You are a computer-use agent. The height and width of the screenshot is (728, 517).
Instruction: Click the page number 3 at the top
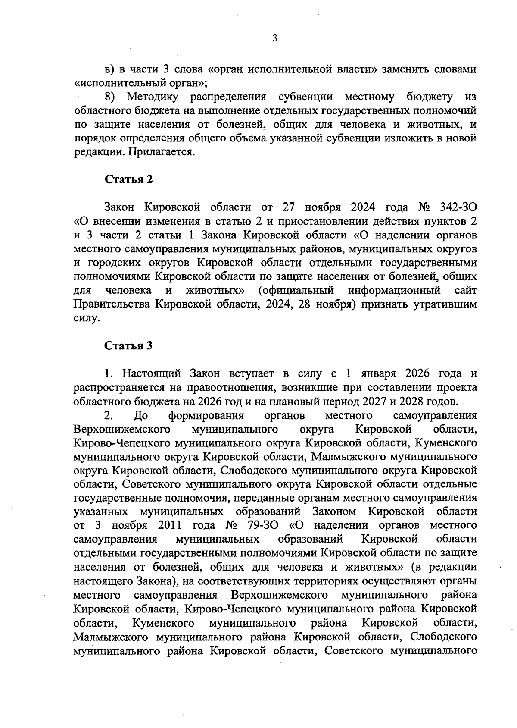tap(275, 38)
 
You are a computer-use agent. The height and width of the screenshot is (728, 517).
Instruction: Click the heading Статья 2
tap(129, 179)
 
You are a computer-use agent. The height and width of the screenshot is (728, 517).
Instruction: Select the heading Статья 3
tap(129, 345)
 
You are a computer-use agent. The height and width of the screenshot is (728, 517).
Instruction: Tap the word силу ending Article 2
tap(86, 318)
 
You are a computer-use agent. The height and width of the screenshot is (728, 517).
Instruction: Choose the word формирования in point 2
tap(206, 415)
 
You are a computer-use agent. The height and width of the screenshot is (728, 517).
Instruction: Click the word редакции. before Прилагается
tap(94, 152)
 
